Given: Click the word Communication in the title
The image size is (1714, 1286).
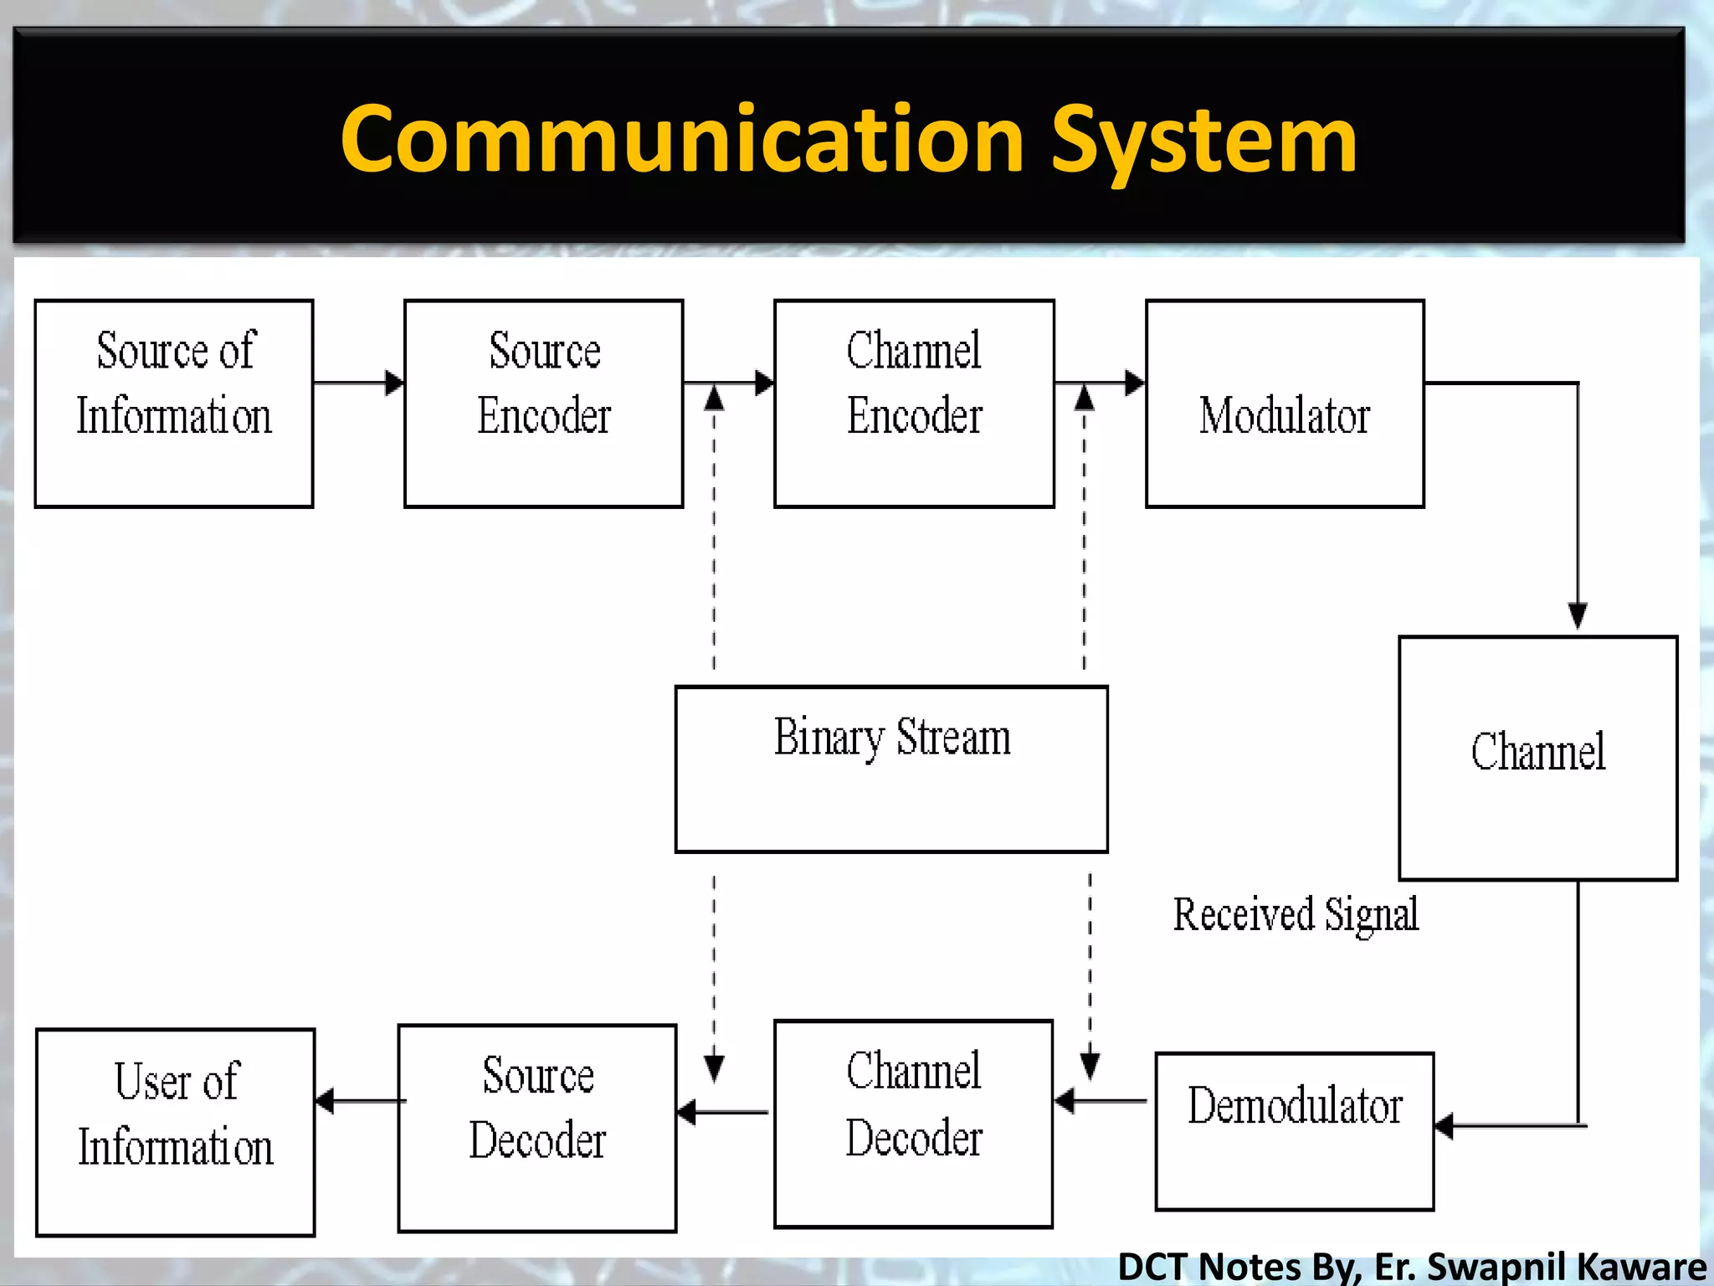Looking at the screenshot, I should coord(682,140).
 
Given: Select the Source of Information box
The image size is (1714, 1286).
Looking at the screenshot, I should coord(174,404).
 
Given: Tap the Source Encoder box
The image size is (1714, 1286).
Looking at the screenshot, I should coord(544,404).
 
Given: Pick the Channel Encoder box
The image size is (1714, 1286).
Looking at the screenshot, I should coord(914,404).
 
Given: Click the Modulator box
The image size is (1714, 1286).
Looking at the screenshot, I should coord(1285,404).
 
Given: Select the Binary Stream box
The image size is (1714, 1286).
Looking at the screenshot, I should coord(891,769).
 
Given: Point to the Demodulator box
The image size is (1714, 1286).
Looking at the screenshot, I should coord(1294,1130).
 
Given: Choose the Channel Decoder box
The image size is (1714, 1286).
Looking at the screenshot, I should coord(913,1124).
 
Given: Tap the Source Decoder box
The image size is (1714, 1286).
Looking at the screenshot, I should coord(537,1128).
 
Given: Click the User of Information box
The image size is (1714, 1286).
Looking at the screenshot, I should coord(176,1132).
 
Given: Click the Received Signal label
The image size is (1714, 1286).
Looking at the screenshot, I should coord(1296,914).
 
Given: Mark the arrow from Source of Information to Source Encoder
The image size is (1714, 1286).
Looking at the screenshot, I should coord(358,383).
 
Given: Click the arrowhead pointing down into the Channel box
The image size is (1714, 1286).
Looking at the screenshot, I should coord(1578,615).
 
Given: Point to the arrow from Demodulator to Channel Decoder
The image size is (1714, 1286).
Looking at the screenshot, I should coord(1101,1101).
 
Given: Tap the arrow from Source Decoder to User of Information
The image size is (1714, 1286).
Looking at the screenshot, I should coord(360,1101).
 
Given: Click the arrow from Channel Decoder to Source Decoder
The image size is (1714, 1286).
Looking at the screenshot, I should coord(721,1113).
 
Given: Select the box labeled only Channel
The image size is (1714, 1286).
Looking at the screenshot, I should coord(1537,758).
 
